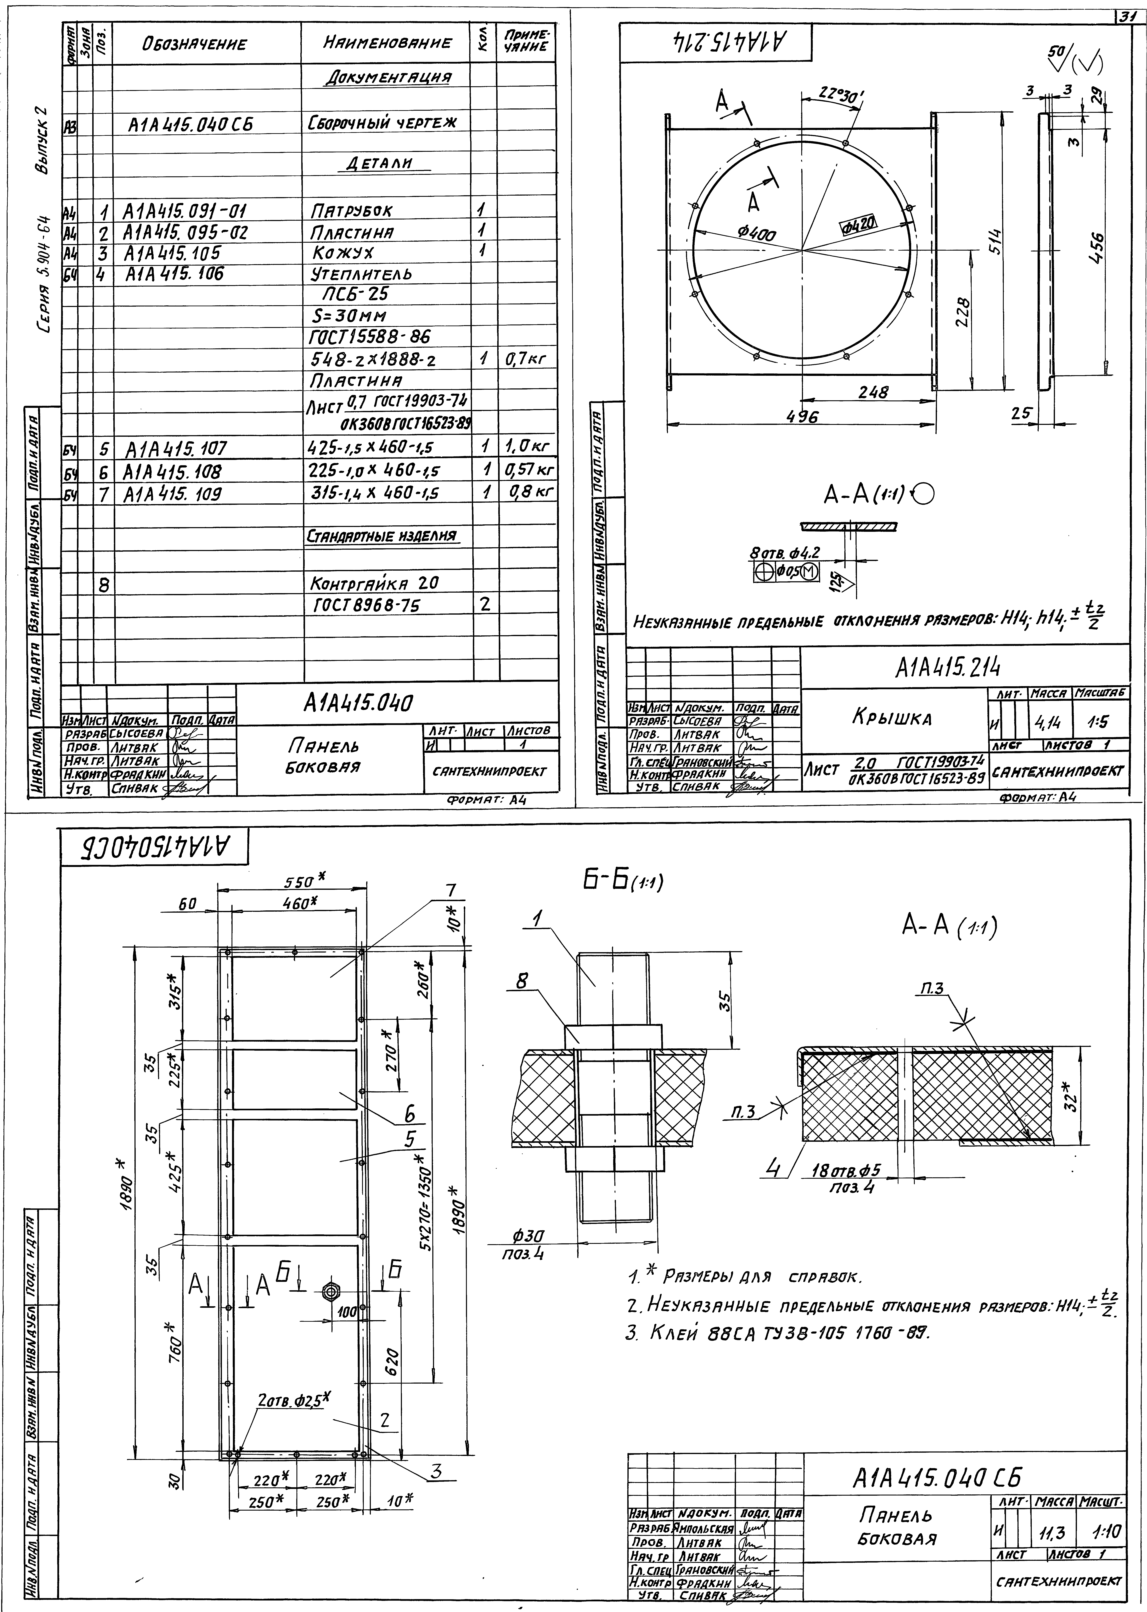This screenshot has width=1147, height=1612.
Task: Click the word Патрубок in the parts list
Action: tap(351, 211)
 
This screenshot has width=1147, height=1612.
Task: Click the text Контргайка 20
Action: tap(374, 583)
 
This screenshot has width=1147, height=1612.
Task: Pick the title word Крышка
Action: tap(891, 718)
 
